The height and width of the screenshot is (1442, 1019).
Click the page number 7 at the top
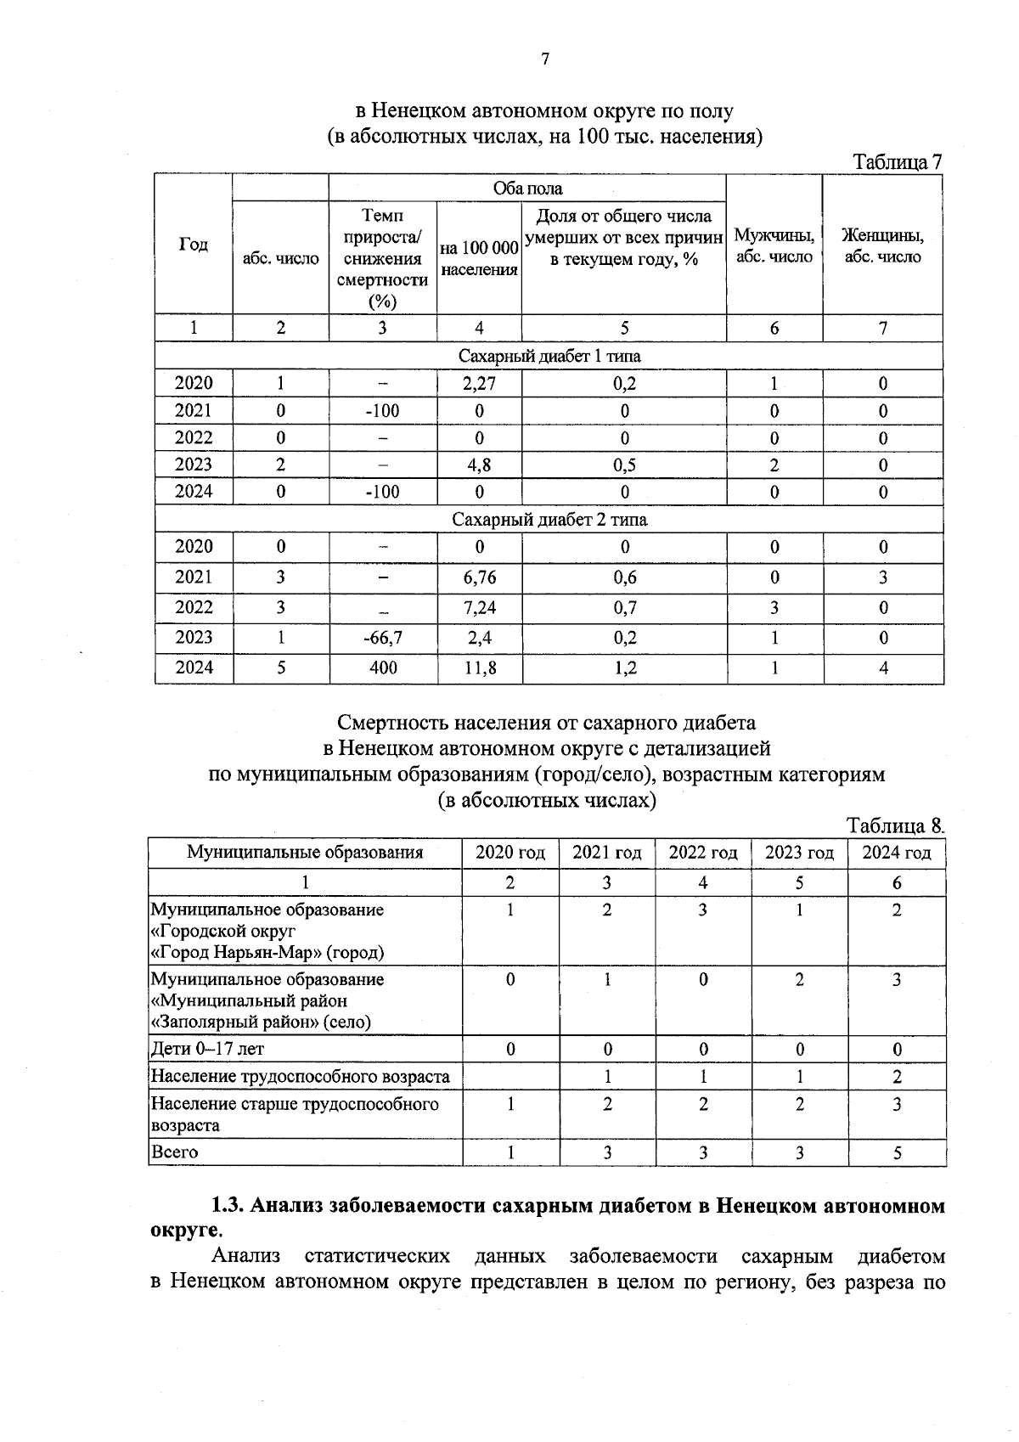click(x=545, y=59)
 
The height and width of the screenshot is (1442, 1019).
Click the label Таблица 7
click(x=898, y=162)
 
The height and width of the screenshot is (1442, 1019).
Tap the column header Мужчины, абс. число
click(x=774, y=245)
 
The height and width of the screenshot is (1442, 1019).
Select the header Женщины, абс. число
click(x=882, y=245)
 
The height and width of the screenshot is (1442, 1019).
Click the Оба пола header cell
click(x=527, y=188)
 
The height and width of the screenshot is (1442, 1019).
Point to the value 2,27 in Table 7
click(x=479, y=383)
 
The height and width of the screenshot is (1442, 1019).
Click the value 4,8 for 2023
click(x=479, y=465)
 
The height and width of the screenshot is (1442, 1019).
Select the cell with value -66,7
click(x=383, y=638)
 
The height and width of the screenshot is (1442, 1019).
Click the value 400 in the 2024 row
click(x=383, y=667)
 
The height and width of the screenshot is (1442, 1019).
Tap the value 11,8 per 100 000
click(x=480, y=667)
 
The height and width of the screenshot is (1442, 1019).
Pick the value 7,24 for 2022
click(x=480, y=607)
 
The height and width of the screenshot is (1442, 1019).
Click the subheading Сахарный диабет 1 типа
click(x=549, y=356)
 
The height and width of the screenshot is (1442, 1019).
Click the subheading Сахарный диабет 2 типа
click(x=549, y=519)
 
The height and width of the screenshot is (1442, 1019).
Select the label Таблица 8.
click(x=895, y=825)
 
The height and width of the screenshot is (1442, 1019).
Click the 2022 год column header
click(x=703, y=853)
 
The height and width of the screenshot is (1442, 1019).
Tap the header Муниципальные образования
click(x=305, y=853)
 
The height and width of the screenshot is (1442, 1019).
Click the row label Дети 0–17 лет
click(x=207, y=1049)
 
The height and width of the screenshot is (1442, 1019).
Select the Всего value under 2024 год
click(x=897, y=1152)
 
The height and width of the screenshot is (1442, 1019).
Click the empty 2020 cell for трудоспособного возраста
click(x=510, y=1077)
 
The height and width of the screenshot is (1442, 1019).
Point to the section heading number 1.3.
click(x=228, y=1205)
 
